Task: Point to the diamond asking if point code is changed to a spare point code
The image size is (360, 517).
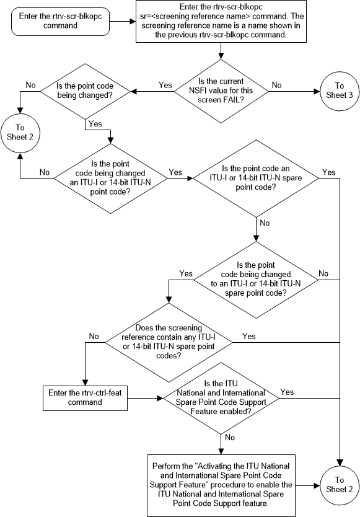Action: coord(255,279)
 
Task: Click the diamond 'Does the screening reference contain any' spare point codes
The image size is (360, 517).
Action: coord(169,342)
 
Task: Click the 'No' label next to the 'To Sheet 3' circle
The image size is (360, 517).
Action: coord(276,85)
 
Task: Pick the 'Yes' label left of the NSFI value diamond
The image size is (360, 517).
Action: coord(165,85)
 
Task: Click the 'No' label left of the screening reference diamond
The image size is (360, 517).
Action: coord(94,335)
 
